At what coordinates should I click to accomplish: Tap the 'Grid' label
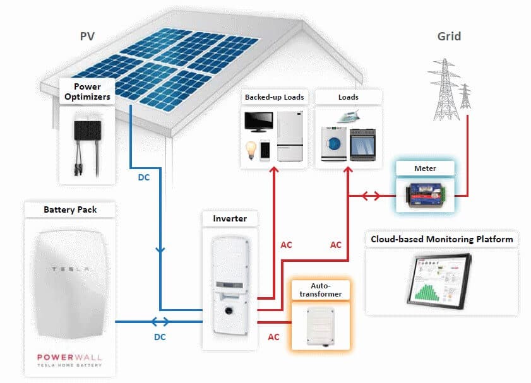(449, 37)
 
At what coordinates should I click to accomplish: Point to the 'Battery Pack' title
(70, 209)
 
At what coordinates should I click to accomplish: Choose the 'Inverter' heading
(230, 218)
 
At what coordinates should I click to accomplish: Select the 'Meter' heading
(425, 168)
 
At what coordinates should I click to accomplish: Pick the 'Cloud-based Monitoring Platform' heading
(441, 240)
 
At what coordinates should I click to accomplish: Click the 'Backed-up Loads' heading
(275, 97)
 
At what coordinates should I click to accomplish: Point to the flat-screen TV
(259, 122)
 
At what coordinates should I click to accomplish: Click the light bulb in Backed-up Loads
(250, 150)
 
